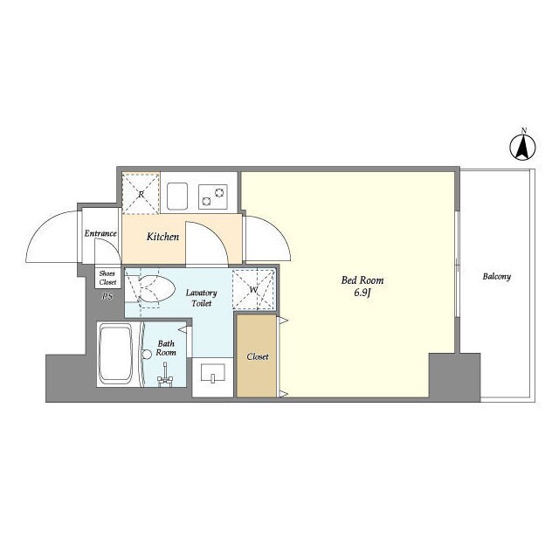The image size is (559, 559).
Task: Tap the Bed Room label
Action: pos(362,280)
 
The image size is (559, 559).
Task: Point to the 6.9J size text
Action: pos(363,293)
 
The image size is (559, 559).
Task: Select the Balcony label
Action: pos(497,277)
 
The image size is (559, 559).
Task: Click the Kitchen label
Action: pos(163,237)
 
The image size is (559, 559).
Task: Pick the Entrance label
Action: pos(100,233)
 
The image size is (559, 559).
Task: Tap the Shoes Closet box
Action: pos(107,278)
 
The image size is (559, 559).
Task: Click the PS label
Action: pos(107,296)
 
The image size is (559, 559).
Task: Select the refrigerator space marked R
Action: pos(141,193)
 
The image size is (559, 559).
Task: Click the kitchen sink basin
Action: pos(177,196)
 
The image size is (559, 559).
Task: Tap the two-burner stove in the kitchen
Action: pos(213,197)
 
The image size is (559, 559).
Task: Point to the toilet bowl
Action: pos(155,289)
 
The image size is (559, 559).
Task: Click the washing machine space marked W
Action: pos(253,289)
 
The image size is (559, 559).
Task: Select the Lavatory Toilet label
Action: pos(202,298)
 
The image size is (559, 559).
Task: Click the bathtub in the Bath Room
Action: pos(115,354)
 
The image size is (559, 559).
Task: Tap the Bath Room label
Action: pos(166,348)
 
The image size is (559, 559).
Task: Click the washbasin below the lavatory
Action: pos(213,373)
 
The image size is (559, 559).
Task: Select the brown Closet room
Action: pos(257,356)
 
